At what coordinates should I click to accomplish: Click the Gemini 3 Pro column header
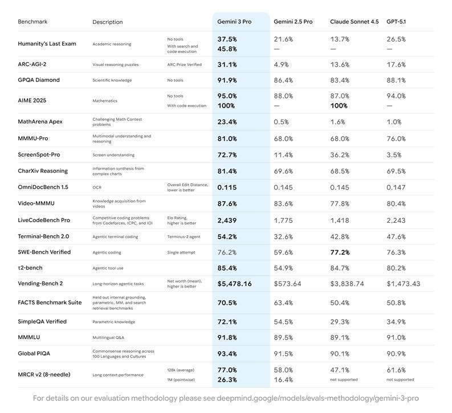point(234,22)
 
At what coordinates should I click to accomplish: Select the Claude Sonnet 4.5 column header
point(354,22)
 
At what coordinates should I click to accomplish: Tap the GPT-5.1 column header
point(396,22)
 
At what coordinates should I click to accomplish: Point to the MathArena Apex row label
point(40,121)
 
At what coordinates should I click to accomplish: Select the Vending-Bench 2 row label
point(40,283)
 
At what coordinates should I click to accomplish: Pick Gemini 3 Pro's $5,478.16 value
point(234,283)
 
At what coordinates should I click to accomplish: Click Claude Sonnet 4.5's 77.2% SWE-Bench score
point(340,252)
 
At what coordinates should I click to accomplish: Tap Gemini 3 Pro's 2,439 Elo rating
point(227,220)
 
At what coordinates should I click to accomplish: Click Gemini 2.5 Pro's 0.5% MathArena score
point(282,122)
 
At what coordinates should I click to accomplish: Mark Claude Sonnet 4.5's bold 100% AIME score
point(339,105)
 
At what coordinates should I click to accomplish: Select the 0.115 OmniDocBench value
point(227,187)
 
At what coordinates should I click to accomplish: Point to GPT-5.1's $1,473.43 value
point(403,283)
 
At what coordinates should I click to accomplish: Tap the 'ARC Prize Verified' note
point(184,64)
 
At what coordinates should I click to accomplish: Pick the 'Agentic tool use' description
point(108,268)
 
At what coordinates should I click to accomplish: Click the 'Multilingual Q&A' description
point(108,337)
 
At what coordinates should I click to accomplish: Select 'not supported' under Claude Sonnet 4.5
point(344,379)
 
